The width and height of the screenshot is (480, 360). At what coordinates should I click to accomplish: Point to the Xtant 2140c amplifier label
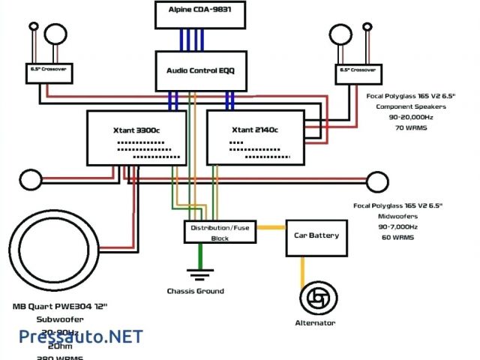coord(257,130)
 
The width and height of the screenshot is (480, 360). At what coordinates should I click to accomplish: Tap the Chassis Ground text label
coord(195,291)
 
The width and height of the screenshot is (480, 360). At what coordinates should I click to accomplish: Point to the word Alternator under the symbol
coord(315,323)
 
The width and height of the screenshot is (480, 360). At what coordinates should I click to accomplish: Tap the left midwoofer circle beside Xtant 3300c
coord(31,181)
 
